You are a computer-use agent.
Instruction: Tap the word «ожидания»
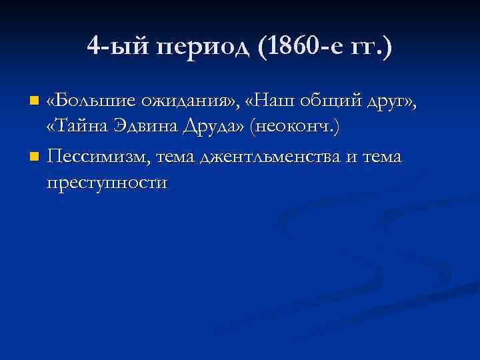coord(189,101)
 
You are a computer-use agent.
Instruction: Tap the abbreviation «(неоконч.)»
coord(295,129)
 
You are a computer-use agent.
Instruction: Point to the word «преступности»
coord(107,183)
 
